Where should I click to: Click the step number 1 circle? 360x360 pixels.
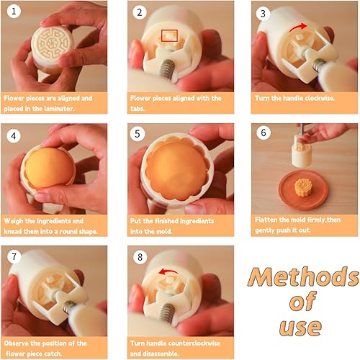pyautogui.click(x=14, y=12)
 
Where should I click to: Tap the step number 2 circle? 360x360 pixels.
pyautogui.click(x=140, y=12)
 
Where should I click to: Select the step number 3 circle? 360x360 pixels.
pyautogui.click(x=263, y=14)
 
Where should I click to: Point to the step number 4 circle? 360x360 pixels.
pyautogui.click(x=14, y=136)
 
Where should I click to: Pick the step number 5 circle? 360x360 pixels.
pyautogui.click(x=138, y=134)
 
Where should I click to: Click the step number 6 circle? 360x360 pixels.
pyautogui.click(x=264, y=132)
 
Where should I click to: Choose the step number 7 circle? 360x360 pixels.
pyautogui.click(x=14, y=256)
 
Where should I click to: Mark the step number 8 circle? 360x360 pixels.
pyautogui.click(x=140, y=257)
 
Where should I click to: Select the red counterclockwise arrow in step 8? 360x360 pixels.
pyautogui.click(x=169, y=271)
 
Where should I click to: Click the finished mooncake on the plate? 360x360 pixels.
pyautogui.click(x=302, y=188)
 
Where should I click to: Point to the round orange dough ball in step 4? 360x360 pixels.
pyautogui.click(x=49, y=168)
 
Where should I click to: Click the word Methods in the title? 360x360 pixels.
pyautogui.click(x=303, y=277)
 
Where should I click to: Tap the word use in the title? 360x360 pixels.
pyautogui.click(x=300, y=328)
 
